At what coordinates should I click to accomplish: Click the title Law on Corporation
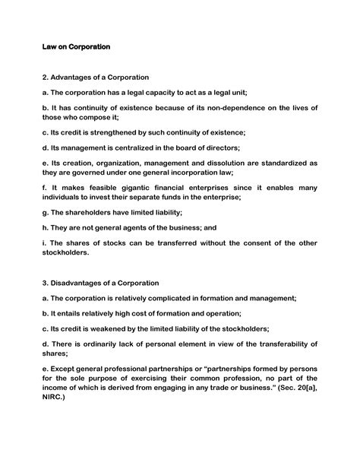tap(76, 47)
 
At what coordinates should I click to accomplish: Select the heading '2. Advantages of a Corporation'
tap(95, 78)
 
